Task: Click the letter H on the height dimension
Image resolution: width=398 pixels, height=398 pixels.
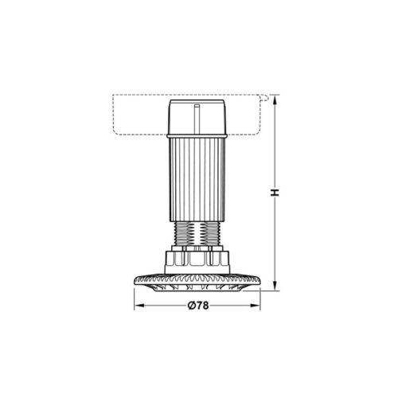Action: (x=273, y=193)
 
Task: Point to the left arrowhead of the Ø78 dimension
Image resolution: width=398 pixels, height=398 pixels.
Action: (x=136, y=307)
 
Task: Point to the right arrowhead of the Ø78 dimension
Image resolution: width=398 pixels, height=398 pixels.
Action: (x=259, y=307)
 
